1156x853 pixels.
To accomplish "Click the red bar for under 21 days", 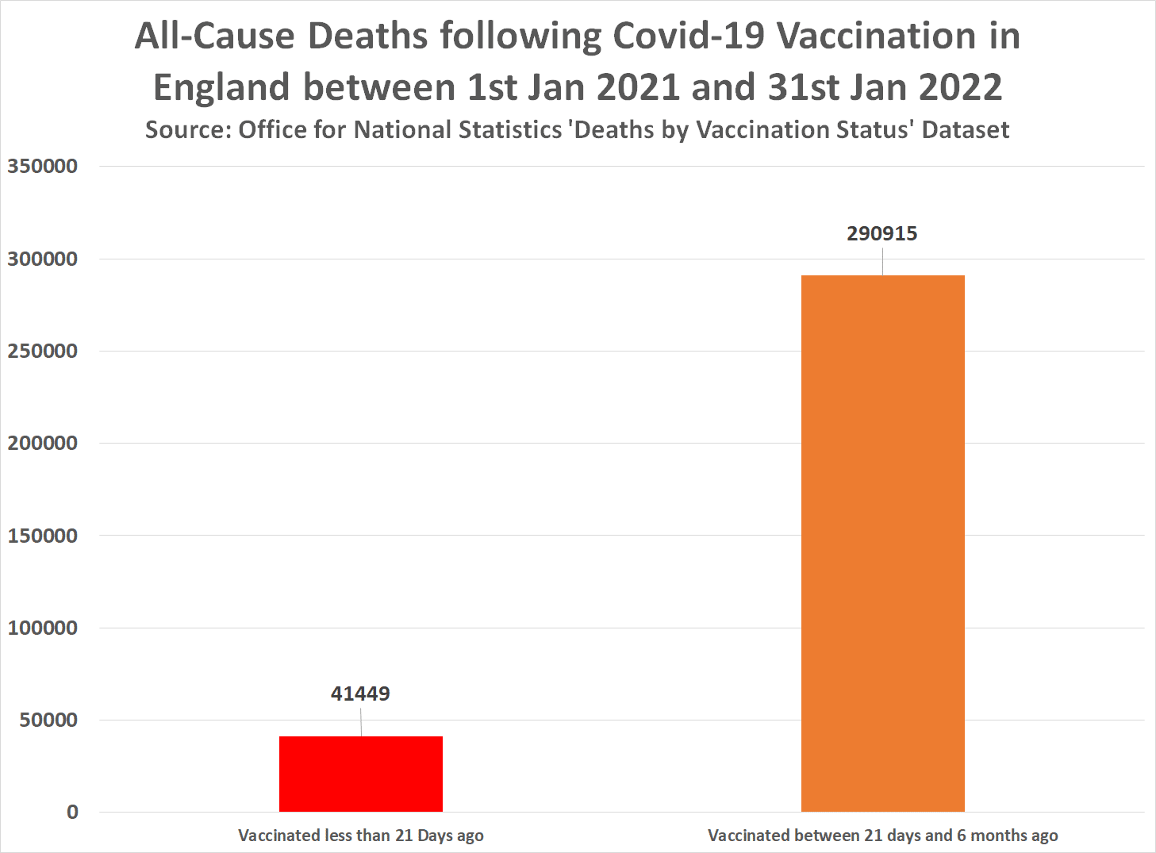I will (360, 774).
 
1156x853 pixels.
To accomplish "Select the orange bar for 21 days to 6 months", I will (882, 544).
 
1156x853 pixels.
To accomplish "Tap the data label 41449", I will (360, 694).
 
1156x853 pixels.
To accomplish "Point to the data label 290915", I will (881, 233).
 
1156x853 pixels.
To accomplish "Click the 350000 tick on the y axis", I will (43, 167).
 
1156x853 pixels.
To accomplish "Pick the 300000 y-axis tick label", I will (43, 259).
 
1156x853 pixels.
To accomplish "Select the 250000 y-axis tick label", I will (43, 351).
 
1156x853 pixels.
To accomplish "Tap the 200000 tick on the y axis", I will (43, 443).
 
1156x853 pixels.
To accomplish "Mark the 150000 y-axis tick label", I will (43, 536).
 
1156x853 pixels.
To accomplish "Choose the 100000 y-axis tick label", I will (43, 628).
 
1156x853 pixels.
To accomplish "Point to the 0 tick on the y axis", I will (72, 812).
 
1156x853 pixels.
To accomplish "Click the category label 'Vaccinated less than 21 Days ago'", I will (360, 836).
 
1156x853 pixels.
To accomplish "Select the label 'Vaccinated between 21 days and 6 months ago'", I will (882, 836).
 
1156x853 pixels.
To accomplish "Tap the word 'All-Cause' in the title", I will (214, 37).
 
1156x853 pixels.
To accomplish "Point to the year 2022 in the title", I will (961, 87).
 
